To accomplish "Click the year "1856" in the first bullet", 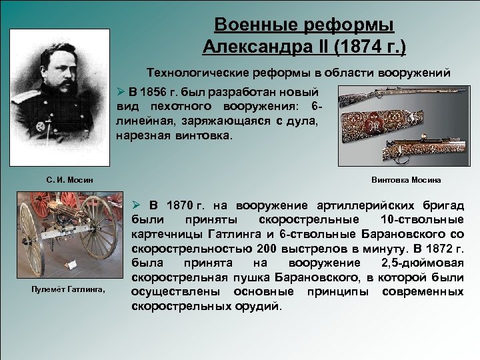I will coord(154,93).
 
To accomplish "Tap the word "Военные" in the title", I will coord(256,25).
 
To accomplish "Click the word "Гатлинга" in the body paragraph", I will coord(245,234).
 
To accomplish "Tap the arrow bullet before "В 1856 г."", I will coord(121,93).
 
